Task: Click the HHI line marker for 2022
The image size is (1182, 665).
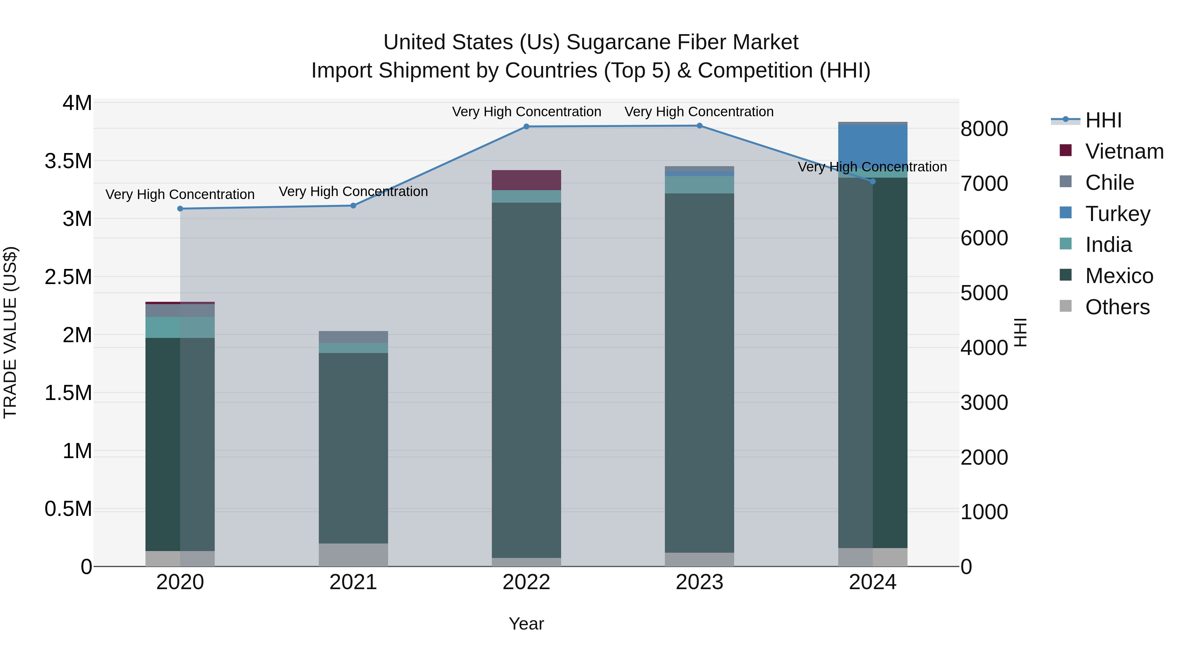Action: tap(526, 127)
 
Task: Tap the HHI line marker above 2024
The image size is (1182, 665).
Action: tap(873, 181)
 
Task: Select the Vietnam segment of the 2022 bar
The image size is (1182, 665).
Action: tap(526, 180)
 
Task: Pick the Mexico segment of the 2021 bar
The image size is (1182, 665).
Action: tap(353, 448)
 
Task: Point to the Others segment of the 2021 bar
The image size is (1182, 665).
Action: tap(353, 555)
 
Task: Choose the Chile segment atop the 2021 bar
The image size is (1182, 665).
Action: tap(353, 337)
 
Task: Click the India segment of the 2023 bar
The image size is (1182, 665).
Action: tap(699, 185)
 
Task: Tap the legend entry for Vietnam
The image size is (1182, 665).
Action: tap(1124, 151)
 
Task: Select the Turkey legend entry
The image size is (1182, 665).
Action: tap(1117, 214)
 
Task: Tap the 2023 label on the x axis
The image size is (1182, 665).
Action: tap(699, 582)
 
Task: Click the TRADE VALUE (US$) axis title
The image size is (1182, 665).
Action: tap(10, 332)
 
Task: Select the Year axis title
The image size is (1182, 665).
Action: tap(526, 624)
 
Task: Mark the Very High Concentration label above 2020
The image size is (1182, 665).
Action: tap(180, 195)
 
